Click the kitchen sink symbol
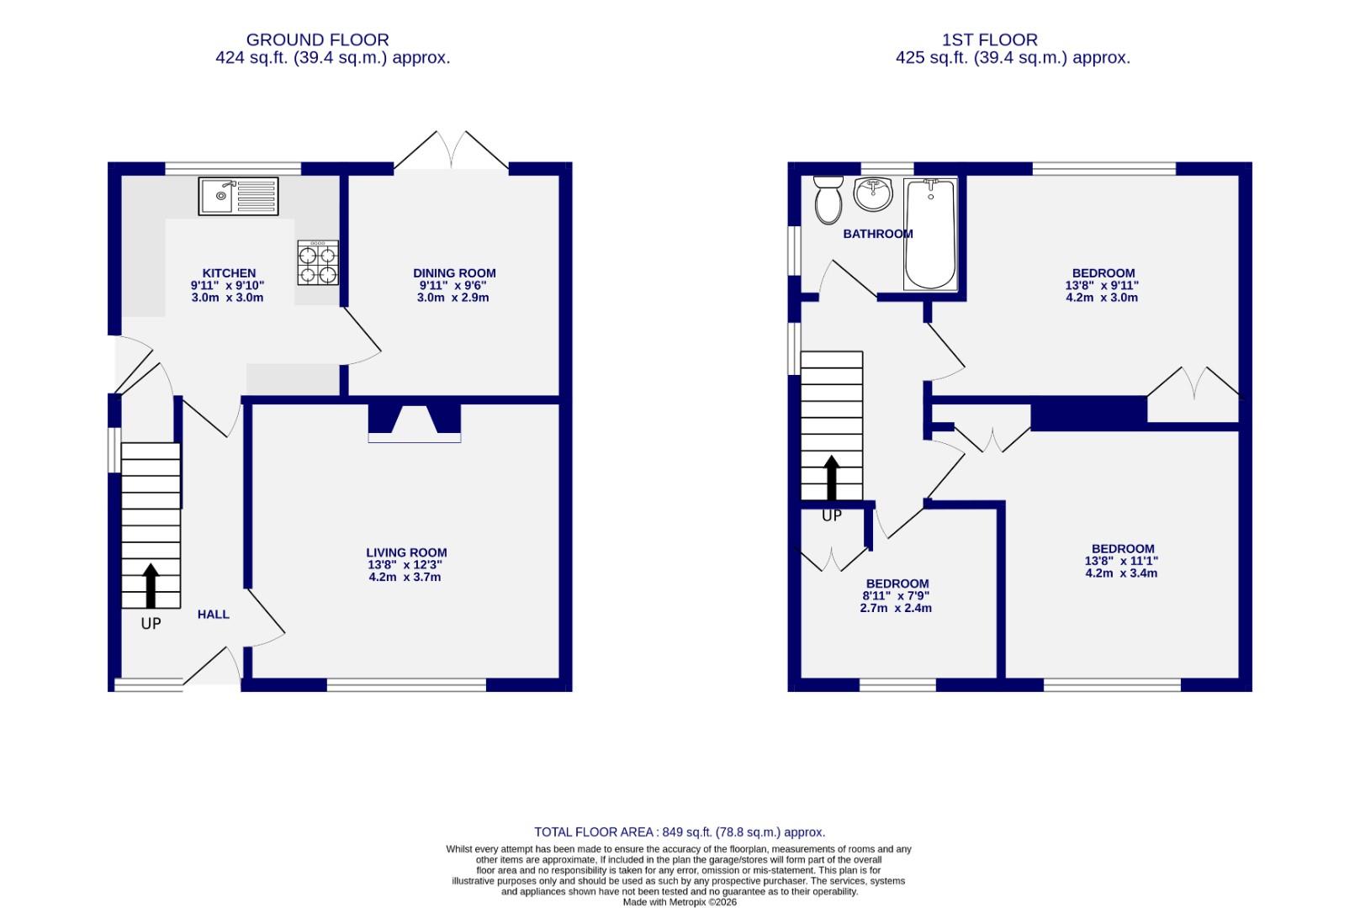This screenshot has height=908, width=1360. (x=238, y=196)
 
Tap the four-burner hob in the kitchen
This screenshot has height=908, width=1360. (x=318, y=262)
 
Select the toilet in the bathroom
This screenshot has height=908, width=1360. (x=828, y=199)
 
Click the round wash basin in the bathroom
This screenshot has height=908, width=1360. (x=873, y=195)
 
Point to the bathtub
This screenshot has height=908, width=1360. (x=930, y=234)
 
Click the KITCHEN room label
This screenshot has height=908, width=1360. (x=229, y=273)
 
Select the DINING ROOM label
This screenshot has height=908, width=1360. (x=454, y=273)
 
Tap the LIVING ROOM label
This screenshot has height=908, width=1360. (x=406, y=553)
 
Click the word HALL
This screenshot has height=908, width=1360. (x=214, y=615)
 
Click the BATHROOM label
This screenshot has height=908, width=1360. (x=877, y=234)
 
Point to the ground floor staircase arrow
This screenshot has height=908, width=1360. (x=151, y=585)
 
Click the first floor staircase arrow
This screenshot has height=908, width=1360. (x=831, y=478)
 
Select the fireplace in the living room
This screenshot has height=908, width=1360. (x=415, y=422)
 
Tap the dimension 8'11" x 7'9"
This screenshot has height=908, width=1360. (x=897, y=596)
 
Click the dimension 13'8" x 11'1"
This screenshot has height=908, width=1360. (x=1121, y=561)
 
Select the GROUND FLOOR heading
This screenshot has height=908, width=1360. (x=317, y=40)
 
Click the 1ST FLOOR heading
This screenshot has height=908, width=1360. (x=990, y=40)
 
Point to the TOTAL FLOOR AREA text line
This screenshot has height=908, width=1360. (x=680, y=832)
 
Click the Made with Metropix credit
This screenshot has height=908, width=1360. (x=680, y=902)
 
